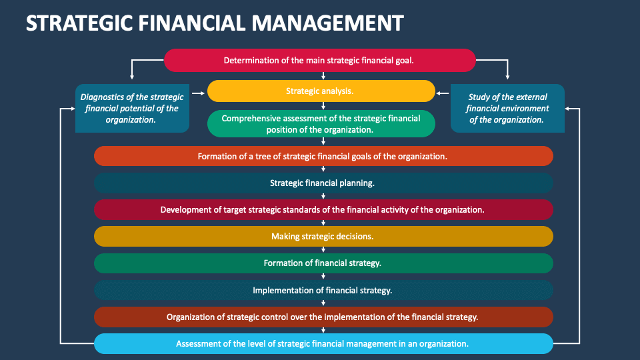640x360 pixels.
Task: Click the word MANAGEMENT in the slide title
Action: [x=327, y=23]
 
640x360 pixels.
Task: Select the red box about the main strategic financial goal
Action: [x=319, y=60]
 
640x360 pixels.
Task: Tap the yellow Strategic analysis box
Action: [x=320, y=91]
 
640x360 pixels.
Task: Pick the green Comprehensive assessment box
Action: [x=321, y=123]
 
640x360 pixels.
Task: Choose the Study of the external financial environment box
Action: [x=507, y=108]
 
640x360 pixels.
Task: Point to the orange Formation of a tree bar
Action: [x=323, y=156]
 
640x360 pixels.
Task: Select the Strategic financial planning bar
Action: [x=323, y=183]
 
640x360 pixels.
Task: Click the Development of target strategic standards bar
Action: [x=323, y=209]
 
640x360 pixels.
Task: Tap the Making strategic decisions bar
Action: [x=323, y=236]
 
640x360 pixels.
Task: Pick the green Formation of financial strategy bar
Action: [x=323, y=263]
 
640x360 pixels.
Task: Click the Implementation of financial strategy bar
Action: [x=323, y=290]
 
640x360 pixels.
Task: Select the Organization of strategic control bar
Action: [x=323, y=317]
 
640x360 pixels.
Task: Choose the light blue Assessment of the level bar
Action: [x=323, y=343]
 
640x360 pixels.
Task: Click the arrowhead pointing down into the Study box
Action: [x=507, y=77]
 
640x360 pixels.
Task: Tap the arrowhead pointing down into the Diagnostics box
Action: [x=132, y=77]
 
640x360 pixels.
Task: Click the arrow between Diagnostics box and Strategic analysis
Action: [x=198, y=95]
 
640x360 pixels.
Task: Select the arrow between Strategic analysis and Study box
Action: [x=443, y=95]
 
